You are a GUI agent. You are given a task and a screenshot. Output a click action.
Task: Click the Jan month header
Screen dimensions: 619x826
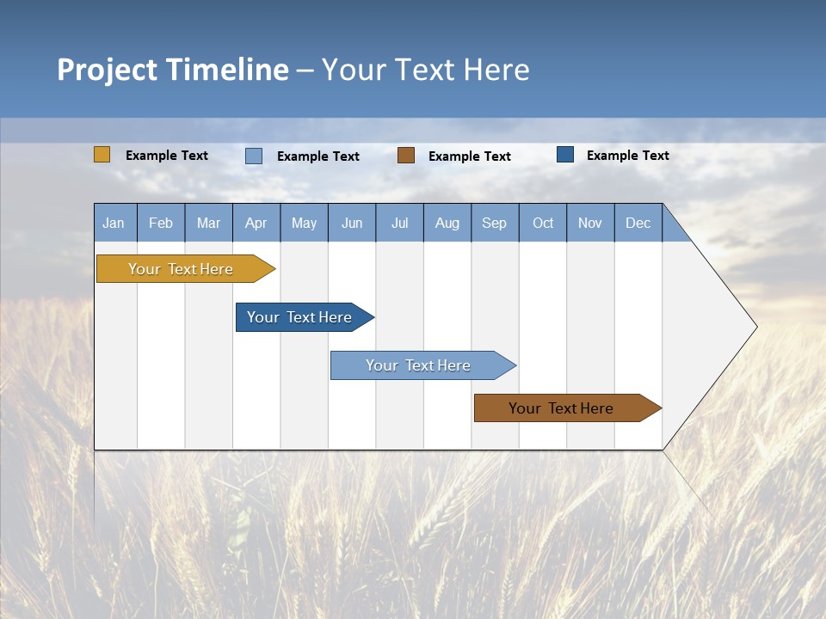pyautogui.click(x=114, y=223)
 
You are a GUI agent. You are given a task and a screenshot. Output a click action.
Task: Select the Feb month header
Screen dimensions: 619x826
pyautogui.click(x=161, y=223)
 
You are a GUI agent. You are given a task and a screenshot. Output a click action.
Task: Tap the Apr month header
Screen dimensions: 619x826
pyautogui.click(x=256, y=223)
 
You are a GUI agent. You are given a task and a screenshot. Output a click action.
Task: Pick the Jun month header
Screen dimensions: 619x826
pyautogui.click(x=352, y=223)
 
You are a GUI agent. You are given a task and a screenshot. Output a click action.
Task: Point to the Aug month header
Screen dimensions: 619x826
pyautogui.click(x=447, y=223)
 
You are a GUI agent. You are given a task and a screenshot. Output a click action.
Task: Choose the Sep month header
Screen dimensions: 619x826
pyautogui.click(x=494, y=223)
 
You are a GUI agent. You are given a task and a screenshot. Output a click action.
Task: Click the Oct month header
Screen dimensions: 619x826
pyautogui.click(x=543, y=223)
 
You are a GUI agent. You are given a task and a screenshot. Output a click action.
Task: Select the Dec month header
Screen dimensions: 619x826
pyautogui.click(x=638, y=223)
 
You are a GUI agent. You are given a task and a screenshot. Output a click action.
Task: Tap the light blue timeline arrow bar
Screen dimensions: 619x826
pyautogui.click(x=419, y=365)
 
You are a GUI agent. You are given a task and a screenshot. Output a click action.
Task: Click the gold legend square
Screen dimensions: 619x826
pyautogui.click(x=102, y=155)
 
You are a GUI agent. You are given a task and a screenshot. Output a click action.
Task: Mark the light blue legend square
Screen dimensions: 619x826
pyautogui.click(x=254, y=156)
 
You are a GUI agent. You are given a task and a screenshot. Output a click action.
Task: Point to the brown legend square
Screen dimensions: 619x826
pyautogui.click(x=406, y=155)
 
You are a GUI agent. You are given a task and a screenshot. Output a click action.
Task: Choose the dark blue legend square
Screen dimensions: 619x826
pyautogui.click(x=565, y=155)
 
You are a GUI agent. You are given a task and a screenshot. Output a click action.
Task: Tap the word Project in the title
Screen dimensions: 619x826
pyautogui.click(x=108, y=70)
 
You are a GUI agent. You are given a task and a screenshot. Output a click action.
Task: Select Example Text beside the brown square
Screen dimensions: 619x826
pyautogui.click(x=470, y=156)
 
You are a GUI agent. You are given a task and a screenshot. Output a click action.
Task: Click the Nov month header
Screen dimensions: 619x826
pyautogui.click(x=590, y=223)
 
